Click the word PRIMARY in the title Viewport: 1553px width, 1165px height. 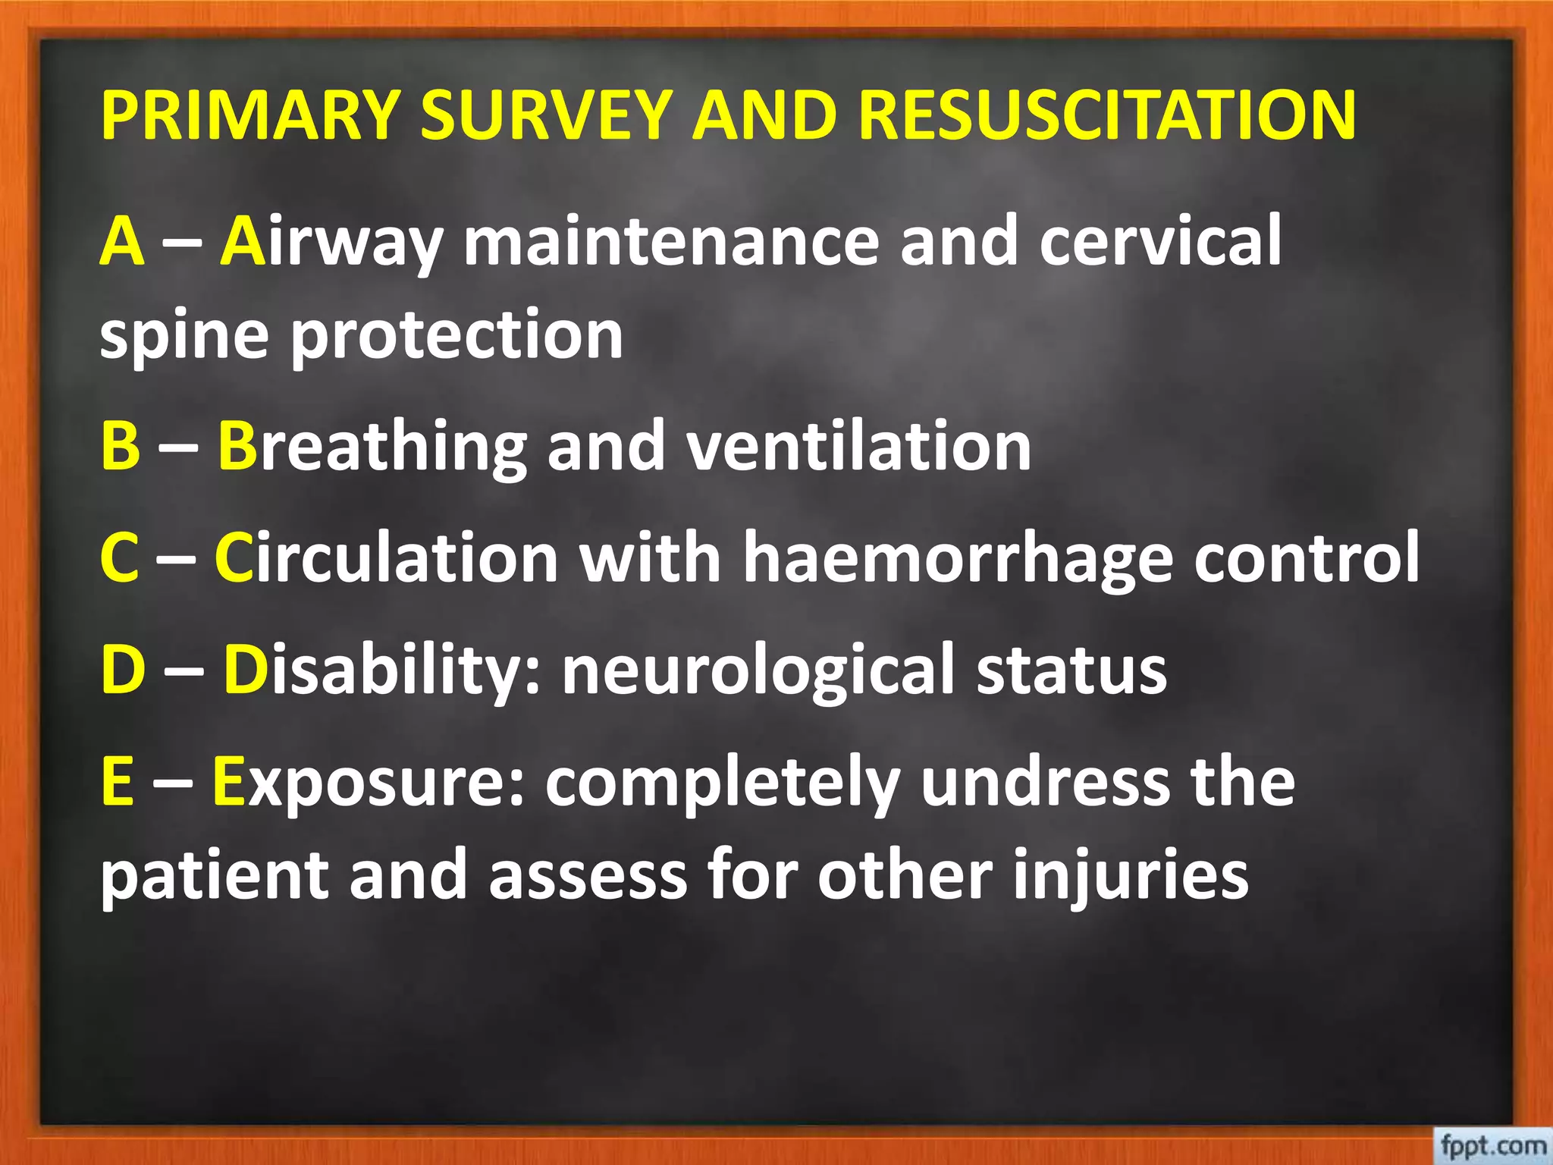249,115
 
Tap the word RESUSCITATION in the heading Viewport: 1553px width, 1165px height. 1107,115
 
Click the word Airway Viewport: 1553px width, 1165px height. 331,241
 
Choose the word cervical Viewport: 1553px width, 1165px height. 1160,241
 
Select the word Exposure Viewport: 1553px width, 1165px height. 368,783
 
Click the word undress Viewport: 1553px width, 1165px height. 1045,783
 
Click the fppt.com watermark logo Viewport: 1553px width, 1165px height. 1492,1145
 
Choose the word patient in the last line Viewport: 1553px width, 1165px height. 215,877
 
